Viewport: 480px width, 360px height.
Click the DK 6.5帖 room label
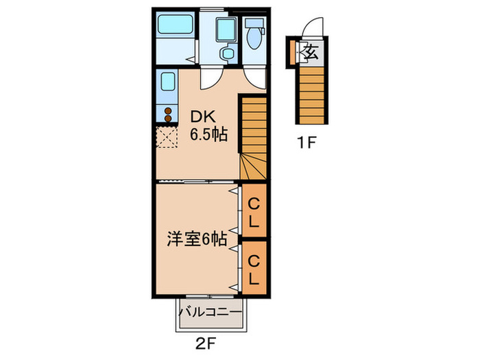pos(208,125)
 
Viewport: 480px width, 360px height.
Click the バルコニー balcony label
pos(211,312)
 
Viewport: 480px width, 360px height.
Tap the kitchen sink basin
pos(167,84)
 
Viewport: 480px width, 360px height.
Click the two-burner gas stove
pos(166,114)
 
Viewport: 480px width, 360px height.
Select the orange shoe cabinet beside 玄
pos(293,52)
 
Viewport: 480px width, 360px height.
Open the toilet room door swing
pos(255,77)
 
